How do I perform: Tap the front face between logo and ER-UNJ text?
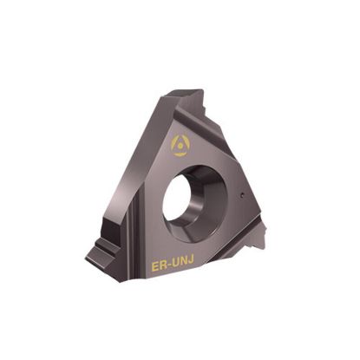[156, 208]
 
